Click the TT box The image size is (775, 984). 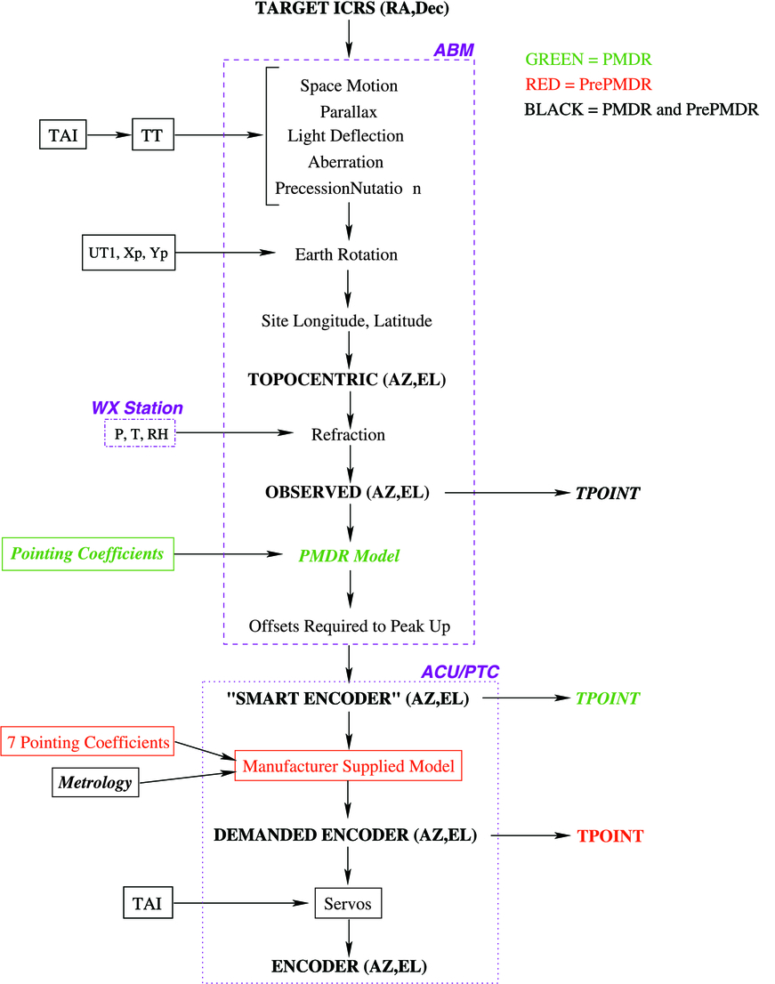pos(153,136)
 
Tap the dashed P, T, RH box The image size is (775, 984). pos(140,434)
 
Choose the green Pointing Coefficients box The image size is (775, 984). pos(87,554)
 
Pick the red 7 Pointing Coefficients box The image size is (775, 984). pos(88,742)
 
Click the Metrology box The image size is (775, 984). pos(94,783)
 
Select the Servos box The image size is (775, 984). pos(348,905)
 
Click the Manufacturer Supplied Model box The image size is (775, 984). pos(348,765)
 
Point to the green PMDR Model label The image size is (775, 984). pos(348,556)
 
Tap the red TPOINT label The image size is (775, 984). pos(610,836)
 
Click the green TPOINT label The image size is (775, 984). pos(609,699)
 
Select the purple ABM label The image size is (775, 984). pos(453,51)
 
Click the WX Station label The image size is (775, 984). pos(137,408)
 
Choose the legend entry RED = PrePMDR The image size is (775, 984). pos(588,85)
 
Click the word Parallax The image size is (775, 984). pos(349,112)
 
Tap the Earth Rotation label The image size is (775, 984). pos(346,255)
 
